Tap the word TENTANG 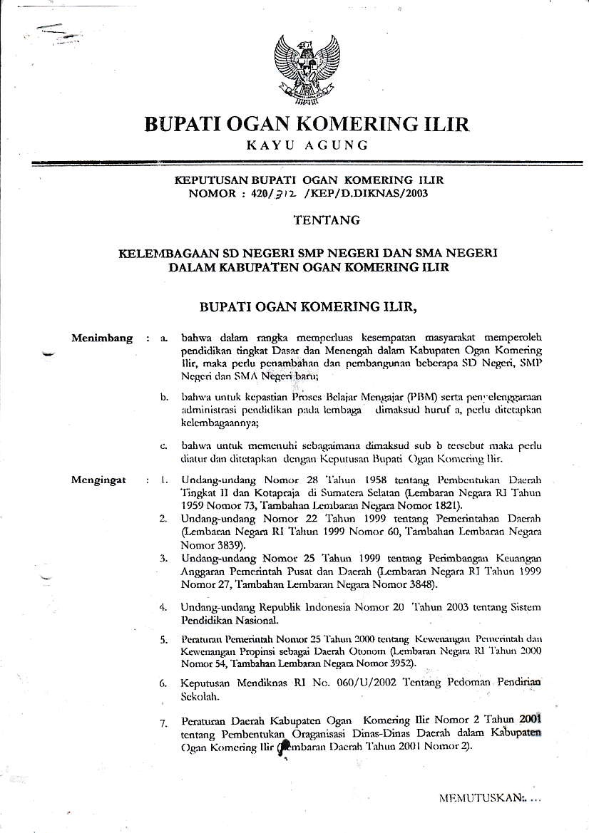(327, 221)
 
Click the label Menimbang (102, 338)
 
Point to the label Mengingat (99, 480)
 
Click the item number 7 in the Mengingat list (163, 724)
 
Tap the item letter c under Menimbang (163, 447)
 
